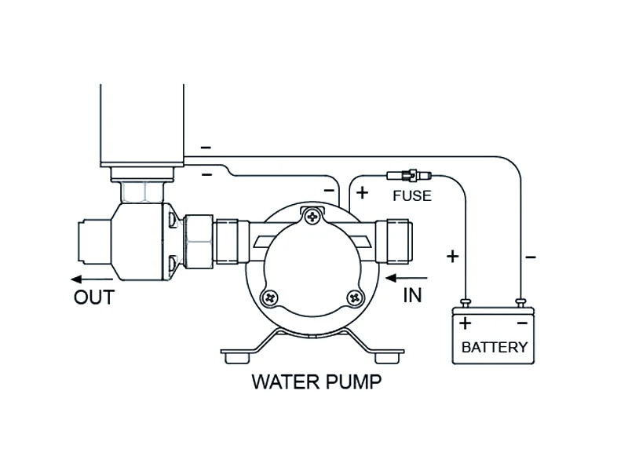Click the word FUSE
(x=412, y=195)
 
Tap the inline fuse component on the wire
(x=409, y=175)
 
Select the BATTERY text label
(x=495, y=347)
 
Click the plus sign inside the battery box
(x=465, y=323)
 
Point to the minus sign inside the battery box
(x=523, y=323)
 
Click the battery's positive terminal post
(x=466, y=303)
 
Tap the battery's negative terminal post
(x=520, y=303)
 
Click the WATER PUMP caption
(x=316, y=382)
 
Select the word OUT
(x=94, y=298)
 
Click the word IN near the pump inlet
(x=413, y=295)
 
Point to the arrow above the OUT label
(x=92, y=279)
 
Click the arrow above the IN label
(x=406, y=278)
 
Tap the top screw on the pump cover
(x=312, y=217)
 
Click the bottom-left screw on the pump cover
(x=269, y=298)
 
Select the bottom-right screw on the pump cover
(x=355, y=298)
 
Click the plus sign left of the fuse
(x=362, y=192)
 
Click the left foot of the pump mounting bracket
(x=237, y=357)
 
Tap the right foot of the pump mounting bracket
(x=387, y=357)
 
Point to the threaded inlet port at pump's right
(x=394, y=241)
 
